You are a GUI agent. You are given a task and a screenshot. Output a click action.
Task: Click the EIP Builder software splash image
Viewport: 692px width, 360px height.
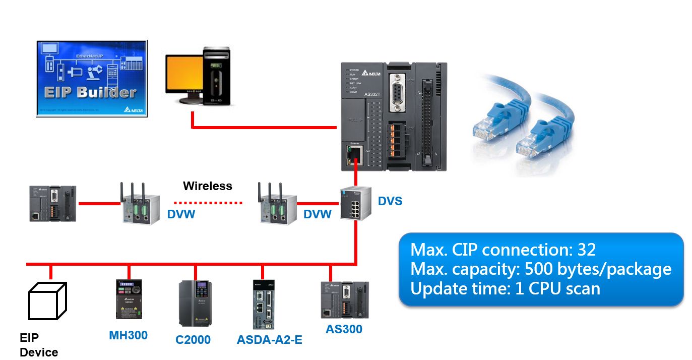coord(92,78)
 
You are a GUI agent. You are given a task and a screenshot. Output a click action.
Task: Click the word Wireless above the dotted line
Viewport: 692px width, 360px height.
coord(208,186)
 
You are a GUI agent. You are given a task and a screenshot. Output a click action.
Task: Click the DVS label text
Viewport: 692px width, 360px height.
coord(390,202)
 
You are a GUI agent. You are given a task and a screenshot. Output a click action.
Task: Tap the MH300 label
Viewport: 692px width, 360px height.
coord(129,335)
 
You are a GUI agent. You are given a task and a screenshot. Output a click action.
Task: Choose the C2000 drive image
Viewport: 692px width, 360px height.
coord(196,303)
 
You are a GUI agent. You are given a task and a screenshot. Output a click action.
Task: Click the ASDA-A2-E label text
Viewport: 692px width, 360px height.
coord(270,340)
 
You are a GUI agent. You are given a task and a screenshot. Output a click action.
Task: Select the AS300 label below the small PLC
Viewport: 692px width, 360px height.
coord(344,329)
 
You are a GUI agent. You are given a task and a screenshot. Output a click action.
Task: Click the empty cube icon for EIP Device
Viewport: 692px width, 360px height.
coord(47,301)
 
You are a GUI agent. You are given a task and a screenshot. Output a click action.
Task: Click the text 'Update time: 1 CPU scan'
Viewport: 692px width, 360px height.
coord(505,288)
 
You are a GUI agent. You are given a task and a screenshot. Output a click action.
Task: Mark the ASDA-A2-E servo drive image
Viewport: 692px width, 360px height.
coord(263,304)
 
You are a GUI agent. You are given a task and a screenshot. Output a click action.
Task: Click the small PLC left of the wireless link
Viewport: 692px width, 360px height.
coord(52,204)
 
